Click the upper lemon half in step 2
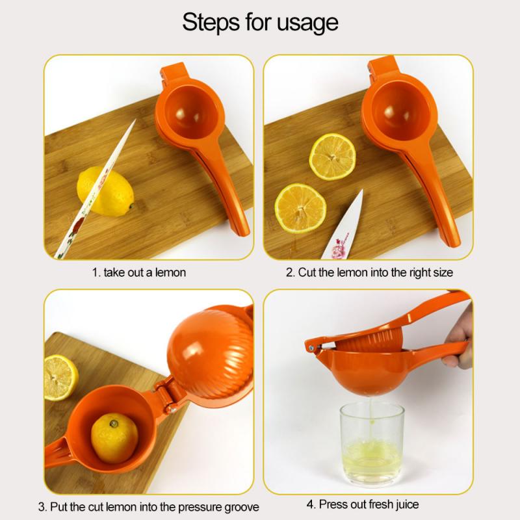point(331,157)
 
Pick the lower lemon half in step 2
point(300,208)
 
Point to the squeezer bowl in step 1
point(188,108)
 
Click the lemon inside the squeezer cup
point(114,438)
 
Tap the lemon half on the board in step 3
point(60,377)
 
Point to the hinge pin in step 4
point(313,349)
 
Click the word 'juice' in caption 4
point(404,504)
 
